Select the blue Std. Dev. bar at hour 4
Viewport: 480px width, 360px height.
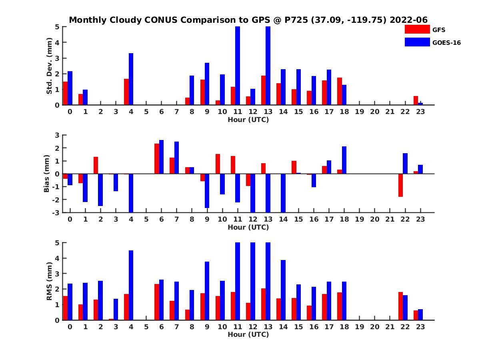(131, 79)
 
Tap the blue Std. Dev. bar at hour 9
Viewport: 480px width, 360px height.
(207, 84)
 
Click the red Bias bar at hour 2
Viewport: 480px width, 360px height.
(96, 165)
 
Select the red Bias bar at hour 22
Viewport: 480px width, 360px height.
(401, 185)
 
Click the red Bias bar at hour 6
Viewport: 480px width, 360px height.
(157, 159)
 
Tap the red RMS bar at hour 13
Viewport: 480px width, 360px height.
(263, 304)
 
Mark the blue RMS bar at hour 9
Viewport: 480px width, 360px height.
(207, 291)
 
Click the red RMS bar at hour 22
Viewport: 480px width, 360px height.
(401, 306)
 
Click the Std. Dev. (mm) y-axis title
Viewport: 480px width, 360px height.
(50, 66)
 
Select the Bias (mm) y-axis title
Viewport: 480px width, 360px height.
(46, 173)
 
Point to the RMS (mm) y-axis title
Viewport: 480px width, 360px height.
(50, 281)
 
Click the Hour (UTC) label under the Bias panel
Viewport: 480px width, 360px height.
(248, 227)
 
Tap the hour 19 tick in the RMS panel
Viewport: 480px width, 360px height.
(359, 327)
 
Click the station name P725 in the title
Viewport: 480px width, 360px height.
(295, 20)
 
